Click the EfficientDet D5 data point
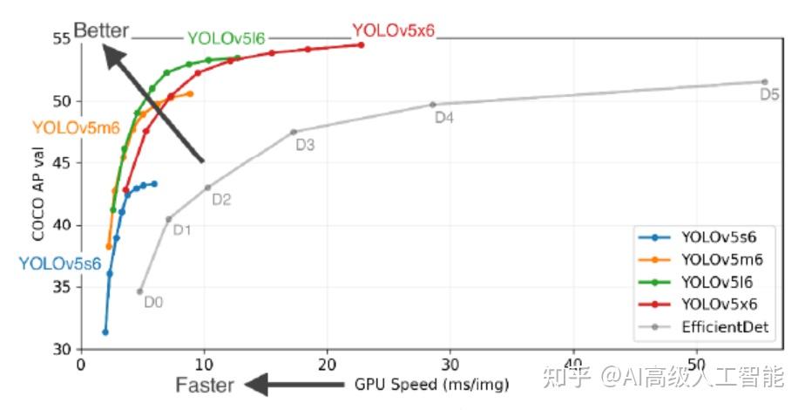click(x=765, y=81)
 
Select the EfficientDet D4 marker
click(x=433, y=105)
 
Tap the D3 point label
click(x=305, y=146)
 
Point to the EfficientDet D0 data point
click(x=139, y=291)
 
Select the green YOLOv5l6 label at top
click(x=226, y=38)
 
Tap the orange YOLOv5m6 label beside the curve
click(x=76, y=127)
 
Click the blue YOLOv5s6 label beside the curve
click(x=60, y=262)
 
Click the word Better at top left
click(x=101, y=31)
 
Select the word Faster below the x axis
click(x=205, y=385)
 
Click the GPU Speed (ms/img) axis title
click(x=430, y=385)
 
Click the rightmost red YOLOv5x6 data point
click(x=361, y=44)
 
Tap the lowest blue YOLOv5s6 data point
click(x=105, y=331)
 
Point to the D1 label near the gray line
click(x=182, y=230)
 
